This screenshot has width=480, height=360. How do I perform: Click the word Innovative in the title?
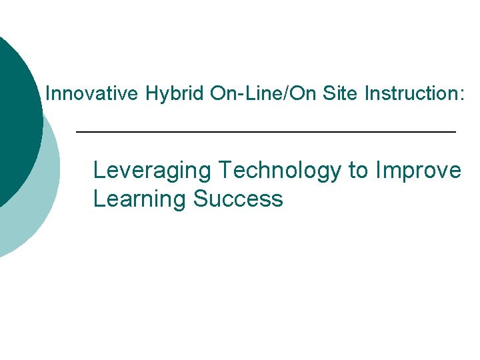[x=92, y=94]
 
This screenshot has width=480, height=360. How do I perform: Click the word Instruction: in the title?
[x=414, y=94]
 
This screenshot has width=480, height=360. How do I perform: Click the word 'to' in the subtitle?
[x=358, y=171]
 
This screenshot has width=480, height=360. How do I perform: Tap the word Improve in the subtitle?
[x=419, y=171]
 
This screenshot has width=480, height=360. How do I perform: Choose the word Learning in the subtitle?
[x=140, y=199]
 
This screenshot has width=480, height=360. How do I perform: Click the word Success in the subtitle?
[x=239, y=199]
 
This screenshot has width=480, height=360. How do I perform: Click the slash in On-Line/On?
[x=287, y=94]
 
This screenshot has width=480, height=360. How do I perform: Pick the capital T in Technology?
[x=225, y=170]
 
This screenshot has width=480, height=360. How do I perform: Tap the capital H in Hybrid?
[x=150, y=94]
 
